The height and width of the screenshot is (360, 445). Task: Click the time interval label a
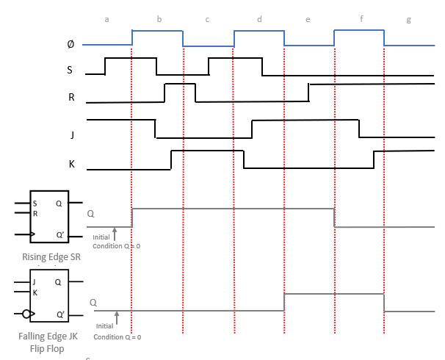107,19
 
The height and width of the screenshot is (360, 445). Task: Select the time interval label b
159,19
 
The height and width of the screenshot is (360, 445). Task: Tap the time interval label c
207,19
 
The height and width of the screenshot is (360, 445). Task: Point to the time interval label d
259,19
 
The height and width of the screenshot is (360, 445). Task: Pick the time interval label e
308,19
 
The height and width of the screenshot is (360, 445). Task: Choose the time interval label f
361,19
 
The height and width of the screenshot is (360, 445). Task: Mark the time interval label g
409,20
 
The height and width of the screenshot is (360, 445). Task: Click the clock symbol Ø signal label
70,44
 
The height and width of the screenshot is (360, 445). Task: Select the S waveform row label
70,71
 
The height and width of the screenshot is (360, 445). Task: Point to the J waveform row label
71,134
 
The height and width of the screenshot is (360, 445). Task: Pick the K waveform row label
71,164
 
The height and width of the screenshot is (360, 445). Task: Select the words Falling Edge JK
49,336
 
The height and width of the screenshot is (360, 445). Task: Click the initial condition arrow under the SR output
115,231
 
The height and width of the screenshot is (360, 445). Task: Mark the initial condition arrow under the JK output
117,317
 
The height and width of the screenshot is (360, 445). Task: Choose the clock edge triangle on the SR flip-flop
33,235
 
